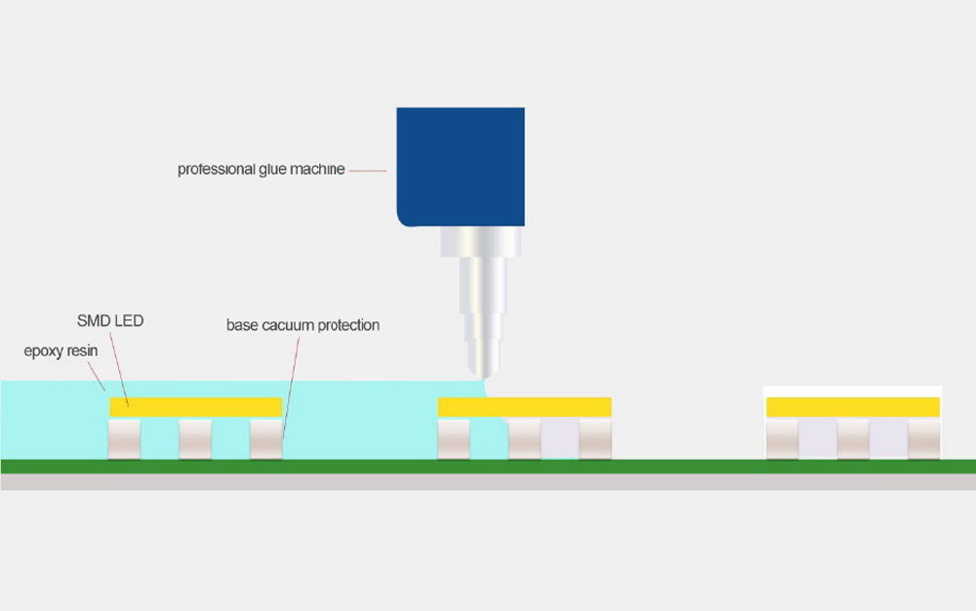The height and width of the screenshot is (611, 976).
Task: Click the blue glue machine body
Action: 461,167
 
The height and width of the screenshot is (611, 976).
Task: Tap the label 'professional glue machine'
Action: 261,169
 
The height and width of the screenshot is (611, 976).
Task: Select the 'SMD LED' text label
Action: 110,321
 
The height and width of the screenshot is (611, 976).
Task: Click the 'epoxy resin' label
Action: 61,351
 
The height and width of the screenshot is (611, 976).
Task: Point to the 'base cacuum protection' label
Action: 303,325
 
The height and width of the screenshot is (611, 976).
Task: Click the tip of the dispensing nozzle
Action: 483,377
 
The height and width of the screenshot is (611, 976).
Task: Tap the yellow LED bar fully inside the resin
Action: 195,407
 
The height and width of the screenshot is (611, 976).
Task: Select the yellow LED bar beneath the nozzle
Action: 525,407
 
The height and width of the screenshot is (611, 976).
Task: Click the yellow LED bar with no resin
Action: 853,407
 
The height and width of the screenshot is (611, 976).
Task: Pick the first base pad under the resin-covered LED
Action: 125,439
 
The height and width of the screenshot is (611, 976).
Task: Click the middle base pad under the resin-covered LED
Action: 195,439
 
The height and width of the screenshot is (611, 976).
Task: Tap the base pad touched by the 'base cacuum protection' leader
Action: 266,439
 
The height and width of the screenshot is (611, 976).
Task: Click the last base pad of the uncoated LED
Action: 923,439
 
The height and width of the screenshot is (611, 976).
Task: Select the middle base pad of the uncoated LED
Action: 853,439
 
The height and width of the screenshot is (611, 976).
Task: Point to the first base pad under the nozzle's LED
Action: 454,439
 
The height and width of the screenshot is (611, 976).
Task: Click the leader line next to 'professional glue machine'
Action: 368,170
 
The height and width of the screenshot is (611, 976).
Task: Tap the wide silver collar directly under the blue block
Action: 481,242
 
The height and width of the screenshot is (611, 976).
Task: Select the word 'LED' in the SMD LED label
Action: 128,321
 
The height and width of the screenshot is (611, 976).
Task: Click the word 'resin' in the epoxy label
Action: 83,351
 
